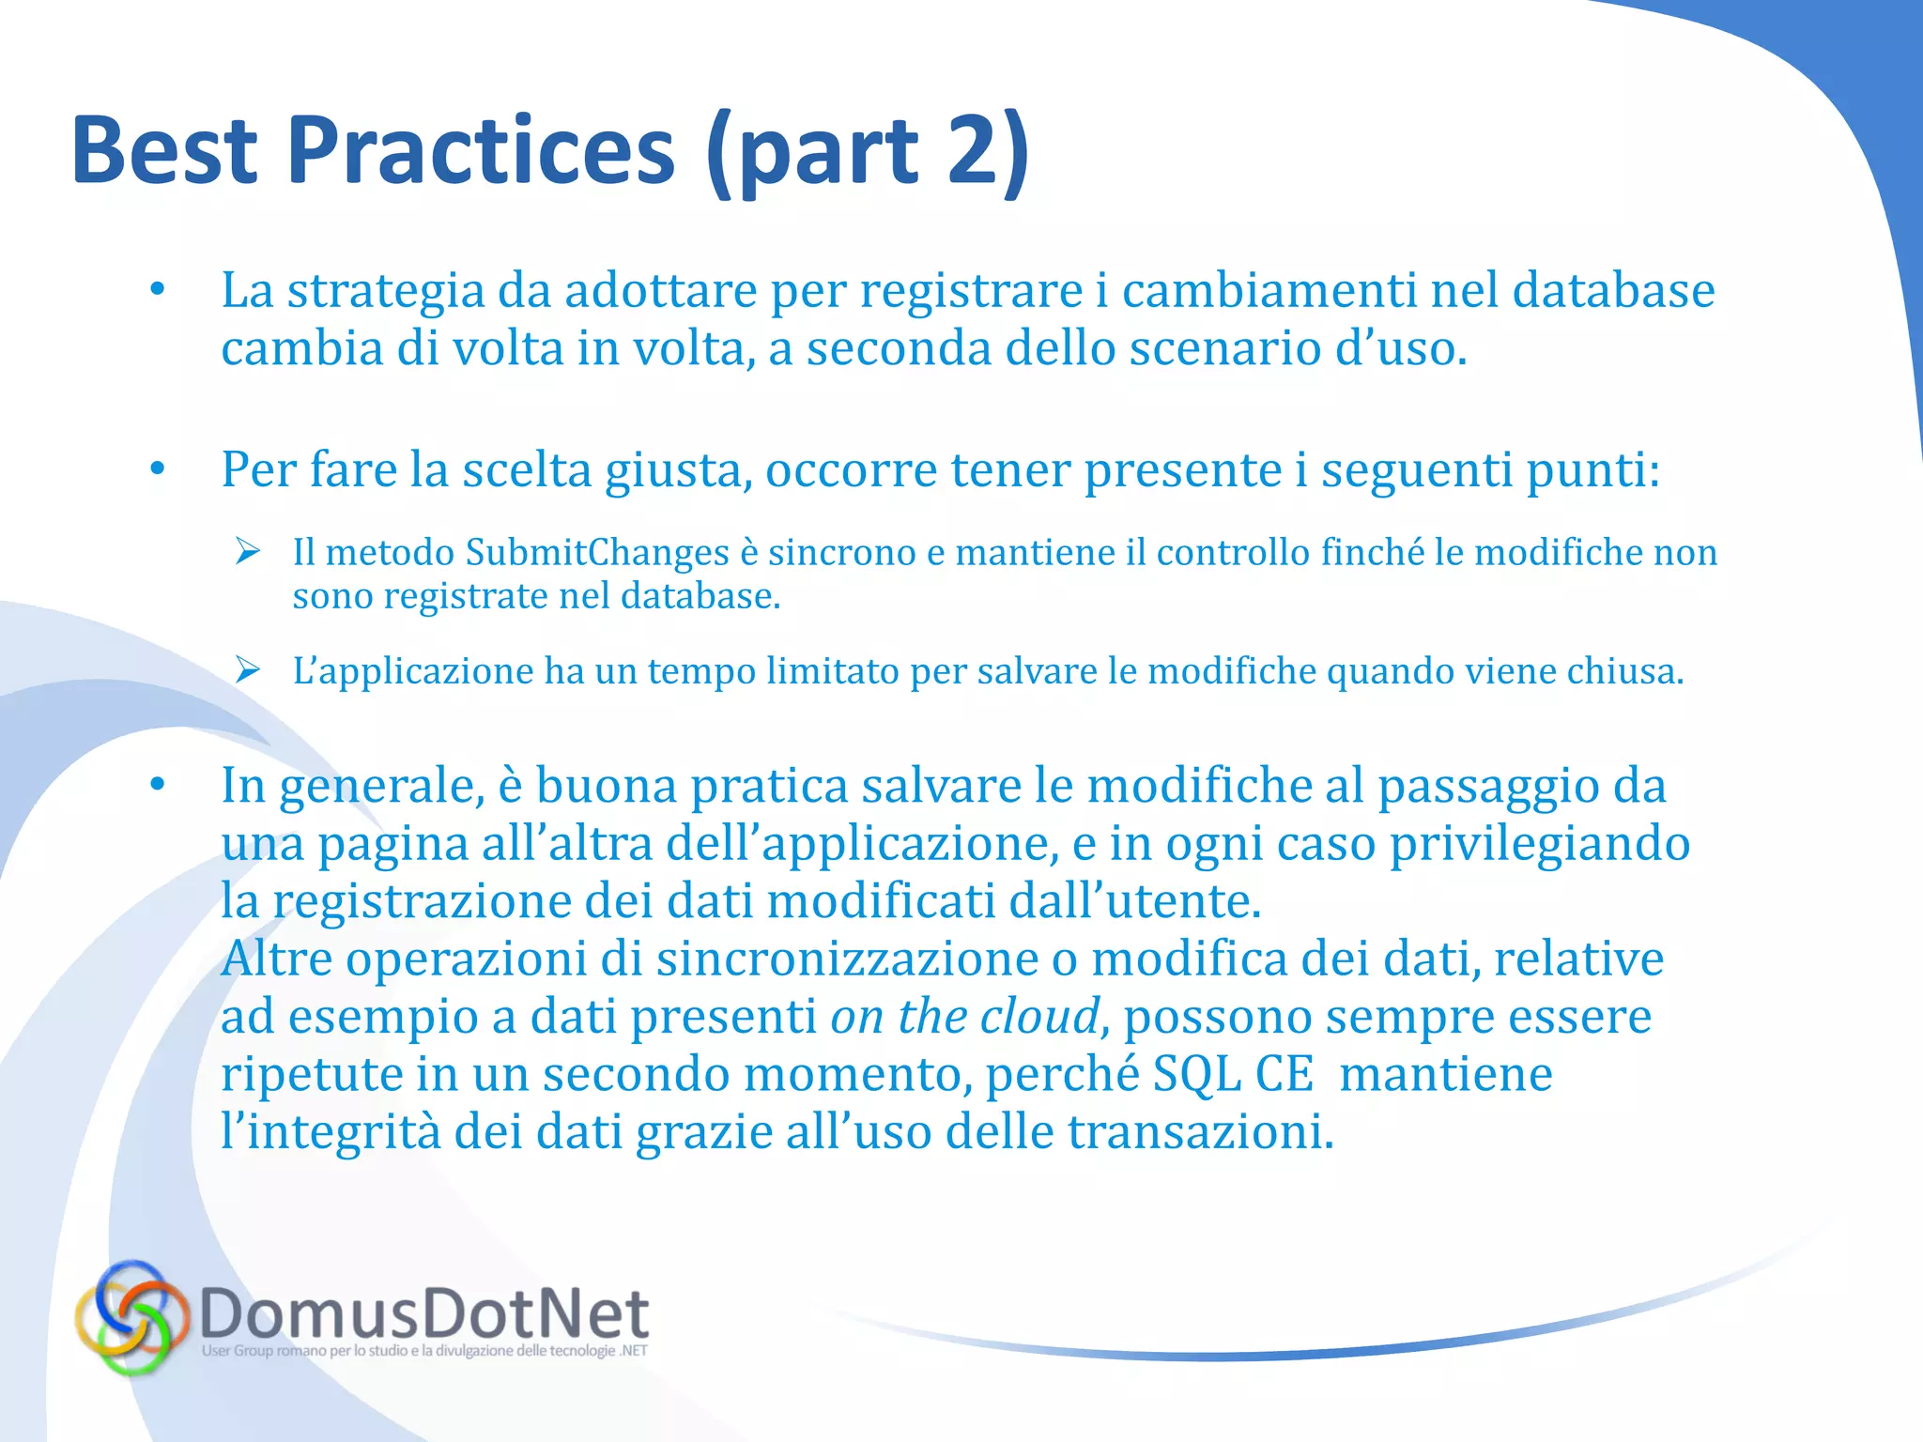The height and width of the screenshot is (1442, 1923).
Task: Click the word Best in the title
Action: (164, 150)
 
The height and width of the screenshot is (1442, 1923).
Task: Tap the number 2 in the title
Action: (977, 150)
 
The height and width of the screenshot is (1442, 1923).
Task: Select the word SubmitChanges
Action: (597, 552)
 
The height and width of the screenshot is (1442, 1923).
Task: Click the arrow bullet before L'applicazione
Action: (248, 669)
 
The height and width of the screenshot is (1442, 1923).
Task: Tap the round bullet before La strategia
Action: (158, 289)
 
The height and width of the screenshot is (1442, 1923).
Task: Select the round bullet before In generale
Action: (158, 784)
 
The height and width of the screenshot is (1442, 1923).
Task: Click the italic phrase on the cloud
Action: (964, 1016)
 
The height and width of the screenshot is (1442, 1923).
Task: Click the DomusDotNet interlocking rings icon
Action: (131, 1316)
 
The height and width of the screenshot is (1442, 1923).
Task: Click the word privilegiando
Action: (1540, 843)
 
